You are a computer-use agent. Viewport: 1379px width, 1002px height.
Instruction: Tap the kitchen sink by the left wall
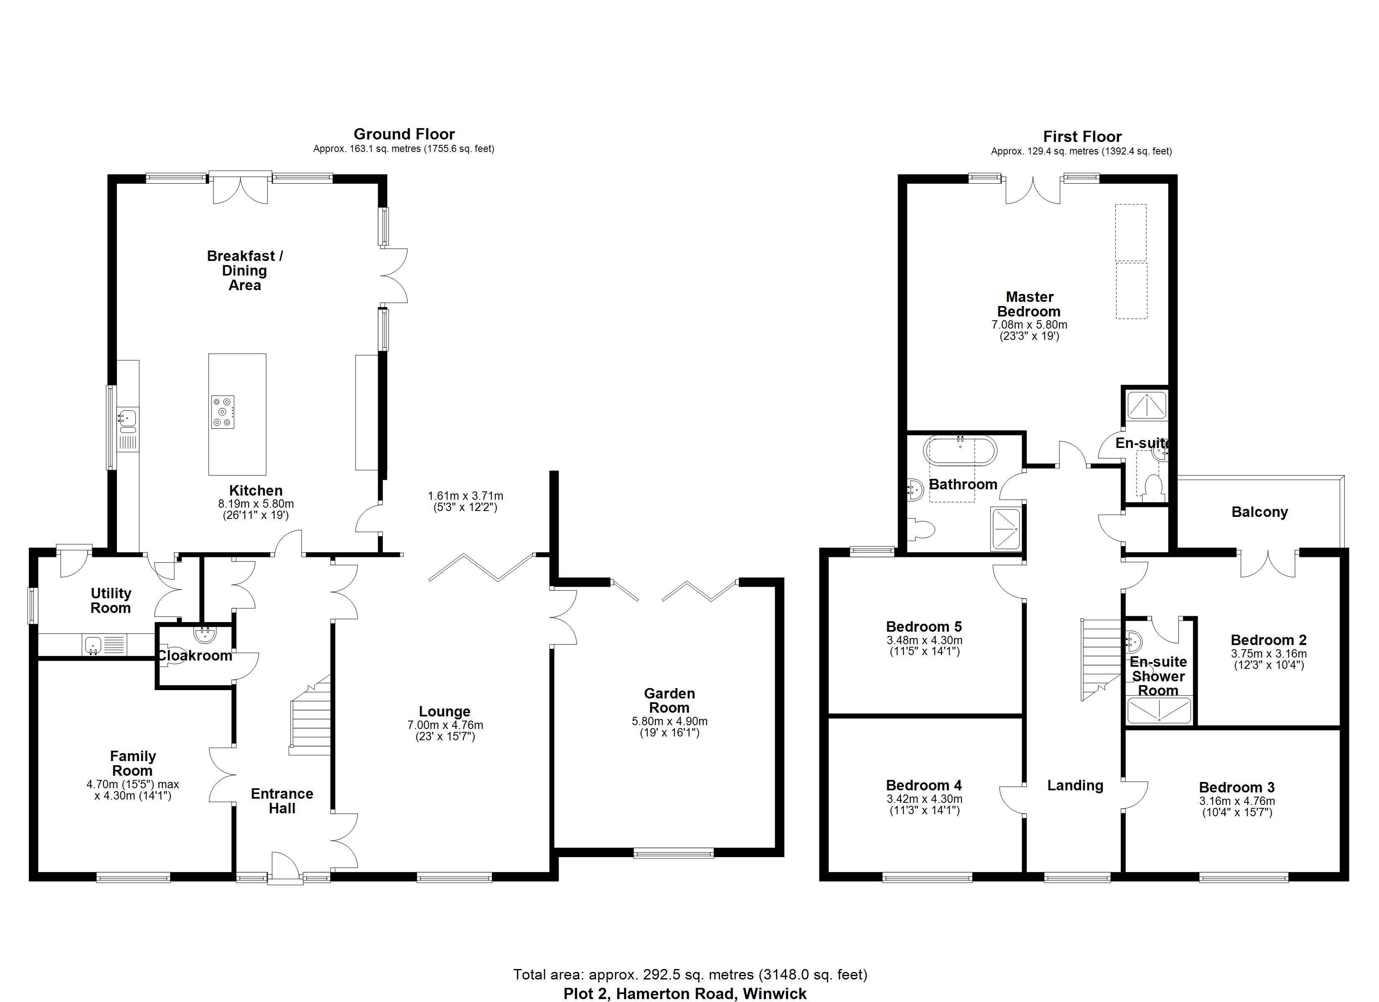(x=128, y=418)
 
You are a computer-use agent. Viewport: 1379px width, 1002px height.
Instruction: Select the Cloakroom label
(x=195, y=655)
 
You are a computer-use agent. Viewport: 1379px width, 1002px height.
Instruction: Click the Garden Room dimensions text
(x=669, y=727)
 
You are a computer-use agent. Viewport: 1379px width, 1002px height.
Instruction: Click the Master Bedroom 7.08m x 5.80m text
(x=1029, y=325)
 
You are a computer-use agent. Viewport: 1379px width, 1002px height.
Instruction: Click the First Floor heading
(x=1082, y=136)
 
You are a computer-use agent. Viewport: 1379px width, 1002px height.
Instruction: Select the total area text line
(x=690, y=975)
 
